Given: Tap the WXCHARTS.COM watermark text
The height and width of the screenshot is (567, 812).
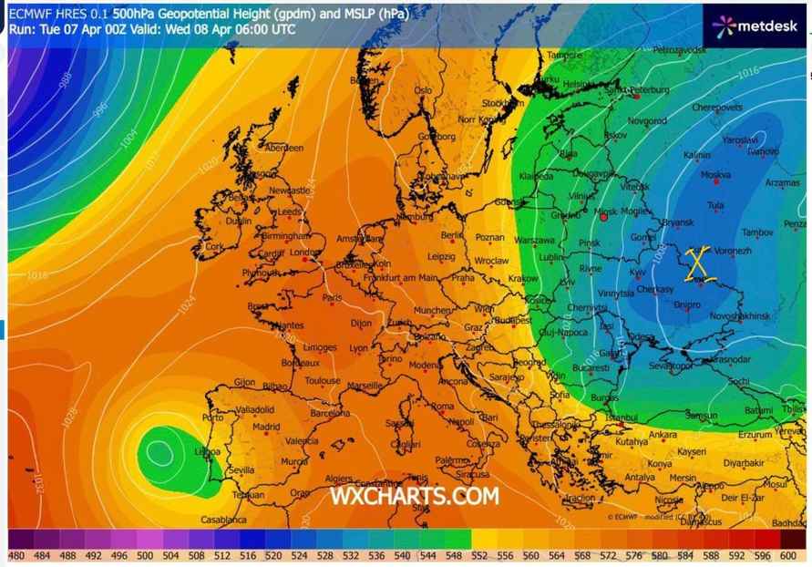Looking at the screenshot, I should (x=414, y=495).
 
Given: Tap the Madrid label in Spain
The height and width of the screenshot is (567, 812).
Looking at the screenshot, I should (x=265, y=426).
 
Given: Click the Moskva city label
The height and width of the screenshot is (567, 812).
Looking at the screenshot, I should (x=715, y=175).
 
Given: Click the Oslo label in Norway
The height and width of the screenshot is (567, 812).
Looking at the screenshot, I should (x=423, y=91).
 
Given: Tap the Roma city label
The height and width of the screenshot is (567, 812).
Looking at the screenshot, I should (x=442, y=406).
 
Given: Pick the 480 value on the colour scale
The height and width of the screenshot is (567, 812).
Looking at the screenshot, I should (x=16, y=556).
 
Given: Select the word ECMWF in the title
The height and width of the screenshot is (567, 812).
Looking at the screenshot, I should (x=30, y=14).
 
